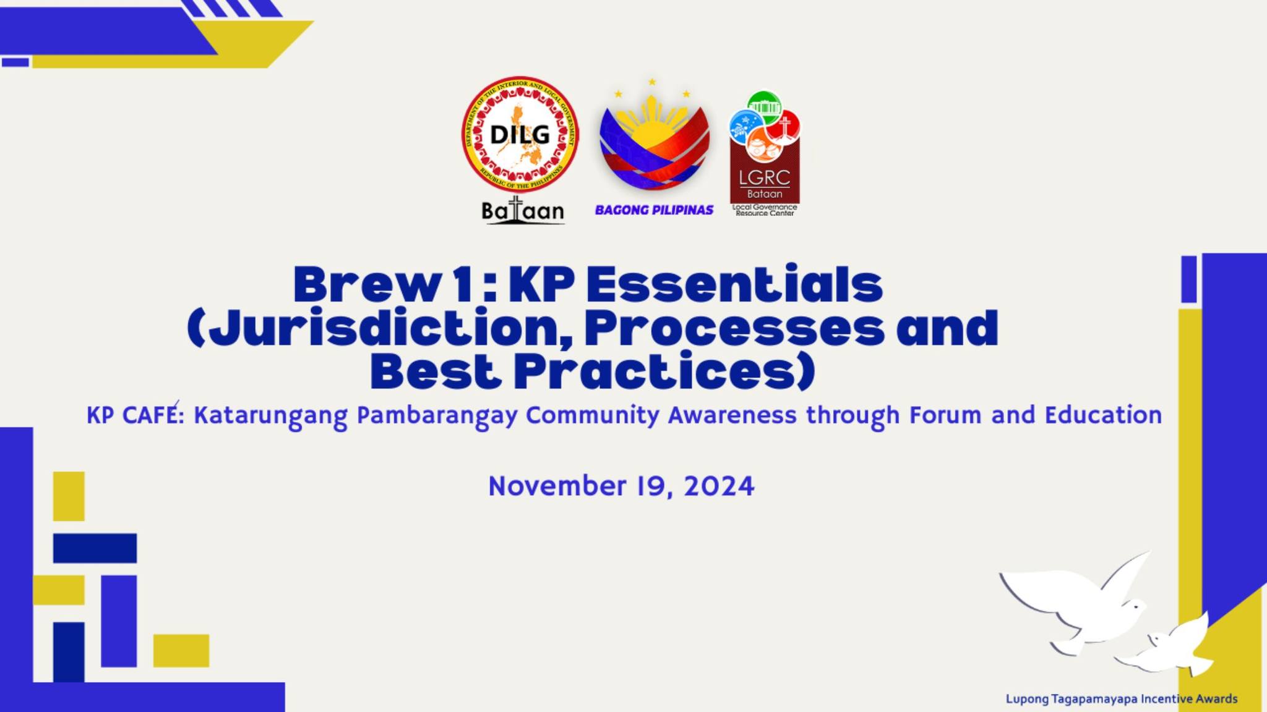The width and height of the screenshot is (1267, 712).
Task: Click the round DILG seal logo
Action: tap(520, 134)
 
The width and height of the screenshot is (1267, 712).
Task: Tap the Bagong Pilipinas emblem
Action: tap(654, 141)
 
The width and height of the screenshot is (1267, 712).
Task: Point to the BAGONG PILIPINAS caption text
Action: tap(654, 210)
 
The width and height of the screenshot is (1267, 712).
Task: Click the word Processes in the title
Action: tap(734, 328)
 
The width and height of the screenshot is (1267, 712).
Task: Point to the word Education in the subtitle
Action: tap(1103, 415)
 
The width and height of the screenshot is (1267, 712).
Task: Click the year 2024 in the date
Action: tap(719, 486)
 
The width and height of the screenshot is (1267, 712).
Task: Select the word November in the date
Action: tap(557, 486)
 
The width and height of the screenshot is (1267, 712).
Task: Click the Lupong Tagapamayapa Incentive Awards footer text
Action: tap(1122, 699)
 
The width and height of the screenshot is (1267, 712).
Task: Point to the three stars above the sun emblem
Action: tap(652, 88)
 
